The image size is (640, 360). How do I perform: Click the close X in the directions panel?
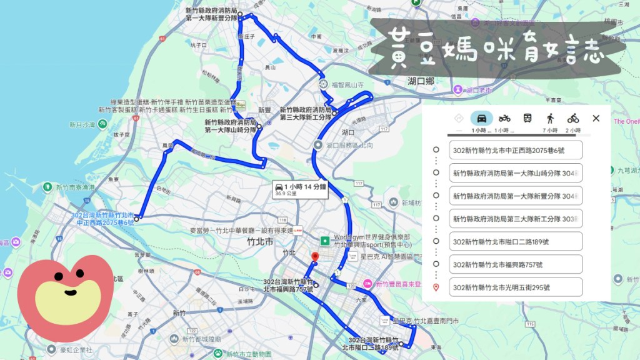click(596, 118)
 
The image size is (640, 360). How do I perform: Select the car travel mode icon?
click(481, 118)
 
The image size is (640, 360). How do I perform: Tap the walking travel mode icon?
click(550, 118)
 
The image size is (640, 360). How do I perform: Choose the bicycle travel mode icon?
click(573, 118)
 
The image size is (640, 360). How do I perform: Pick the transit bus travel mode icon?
click(527, 118)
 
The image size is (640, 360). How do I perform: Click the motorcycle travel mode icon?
click(504, 118)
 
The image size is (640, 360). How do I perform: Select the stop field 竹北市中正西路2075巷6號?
click(516, 151)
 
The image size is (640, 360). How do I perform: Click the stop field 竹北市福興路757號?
click(516, 264)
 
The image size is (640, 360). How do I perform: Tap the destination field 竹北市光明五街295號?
click(516, 287)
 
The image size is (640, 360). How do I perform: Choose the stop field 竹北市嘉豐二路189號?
click(516, 242)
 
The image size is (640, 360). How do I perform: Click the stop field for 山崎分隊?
click(516, 173)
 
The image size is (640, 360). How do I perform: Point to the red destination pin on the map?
click(315, 257)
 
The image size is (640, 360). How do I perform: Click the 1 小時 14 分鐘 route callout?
click(300, 189)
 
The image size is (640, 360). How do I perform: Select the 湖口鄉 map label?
click(421, 81)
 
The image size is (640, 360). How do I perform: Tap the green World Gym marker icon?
click(325, 241)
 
